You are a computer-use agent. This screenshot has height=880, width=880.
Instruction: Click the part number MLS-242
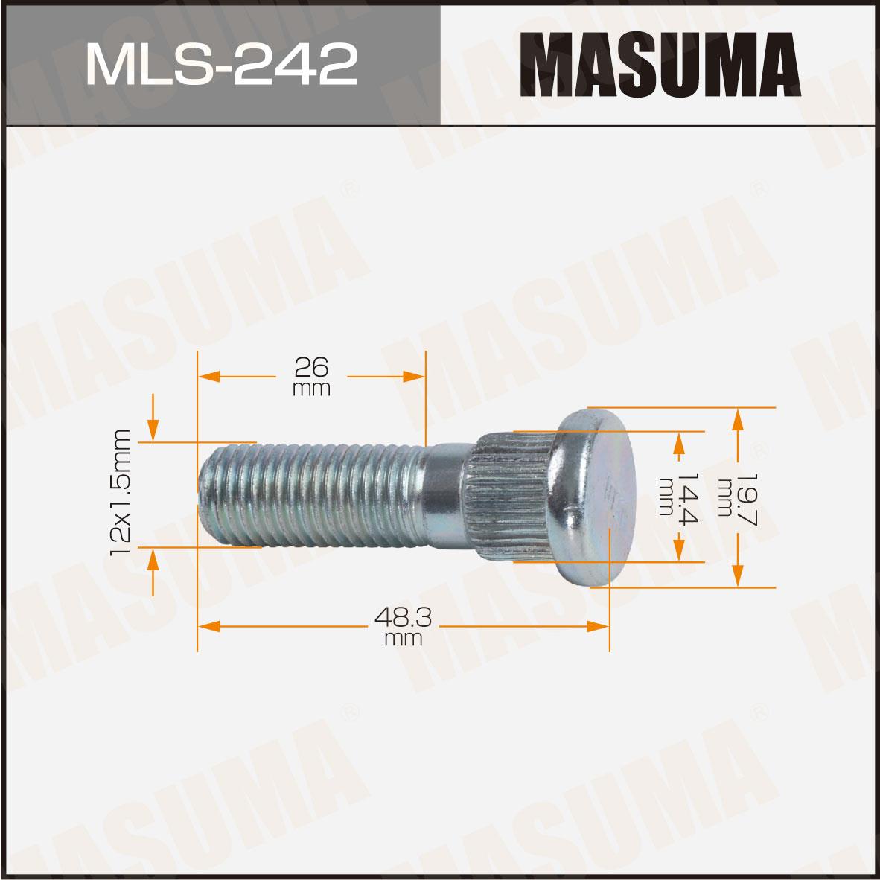222,64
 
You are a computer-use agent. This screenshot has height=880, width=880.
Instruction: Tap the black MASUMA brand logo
660,65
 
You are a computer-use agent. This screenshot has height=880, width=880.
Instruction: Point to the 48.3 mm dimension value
403,626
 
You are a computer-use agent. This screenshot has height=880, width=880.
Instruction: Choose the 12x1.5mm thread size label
120,493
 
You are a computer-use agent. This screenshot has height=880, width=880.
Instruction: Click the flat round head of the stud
593,498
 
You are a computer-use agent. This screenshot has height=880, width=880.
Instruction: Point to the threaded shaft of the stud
312,494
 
